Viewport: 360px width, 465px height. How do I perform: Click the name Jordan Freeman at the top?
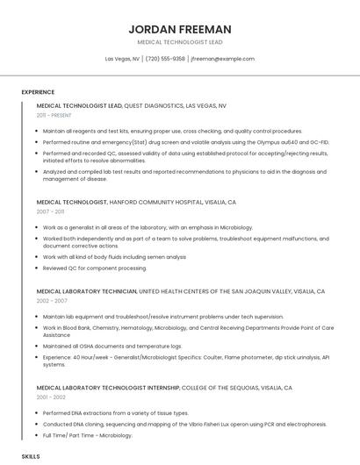(179, 29)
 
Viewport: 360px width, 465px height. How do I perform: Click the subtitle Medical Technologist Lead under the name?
(179, 42)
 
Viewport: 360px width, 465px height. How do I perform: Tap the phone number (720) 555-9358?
(165, 59)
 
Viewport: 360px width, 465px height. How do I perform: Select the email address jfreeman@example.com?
(222, 59)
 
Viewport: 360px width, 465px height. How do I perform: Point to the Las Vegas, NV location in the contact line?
(122, 59)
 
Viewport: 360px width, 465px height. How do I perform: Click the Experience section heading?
(38, 92)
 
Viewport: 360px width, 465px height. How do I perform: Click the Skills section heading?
(31, 457)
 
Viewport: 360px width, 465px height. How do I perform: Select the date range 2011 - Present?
(54, 115)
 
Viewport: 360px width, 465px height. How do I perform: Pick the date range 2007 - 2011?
(50, 212)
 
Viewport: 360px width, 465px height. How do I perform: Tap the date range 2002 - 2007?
(52, 301)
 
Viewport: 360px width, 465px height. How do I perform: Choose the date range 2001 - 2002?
(51, 397)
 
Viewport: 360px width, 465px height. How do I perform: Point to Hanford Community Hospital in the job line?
(155, 202)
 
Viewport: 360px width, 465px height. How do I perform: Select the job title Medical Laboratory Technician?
(86, 290)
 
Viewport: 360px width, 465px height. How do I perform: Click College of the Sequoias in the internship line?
(212, 387)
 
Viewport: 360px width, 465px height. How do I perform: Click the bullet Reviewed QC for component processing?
(95, 268)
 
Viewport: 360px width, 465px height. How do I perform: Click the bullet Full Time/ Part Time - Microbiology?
(88, 434)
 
